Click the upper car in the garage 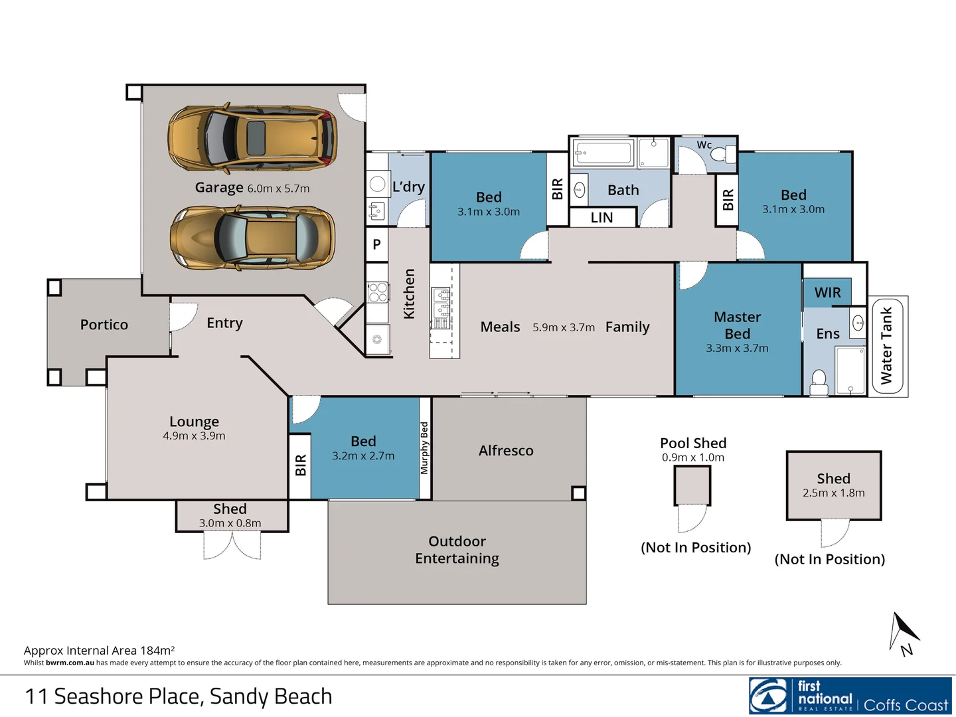(252, 138)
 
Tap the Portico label (104, 325)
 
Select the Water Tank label (886, 345)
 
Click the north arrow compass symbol (903, 633)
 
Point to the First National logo (850, 696)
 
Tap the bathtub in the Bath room (603, 153)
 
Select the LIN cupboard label (601, 218)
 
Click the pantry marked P (376, 244)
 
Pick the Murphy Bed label (425, 448)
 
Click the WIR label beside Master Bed (827, 293)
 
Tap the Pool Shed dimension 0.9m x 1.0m (693, 457)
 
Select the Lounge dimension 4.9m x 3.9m (194, 436)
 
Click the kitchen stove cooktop (378, 292)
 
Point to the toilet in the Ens (819, 382)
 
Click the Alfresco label (506, 451)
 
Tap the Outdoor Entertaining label (457, 550)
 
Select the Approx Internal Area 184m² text (99, 651)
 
